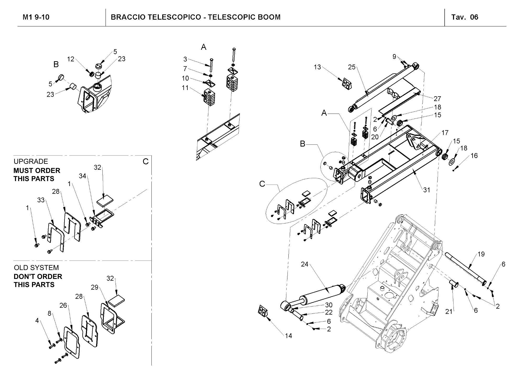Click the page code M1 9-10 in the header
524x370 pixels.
point(36,17)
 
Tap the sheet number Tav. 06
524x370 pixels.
point(465,17)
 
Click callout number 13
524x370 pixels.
point(317,67)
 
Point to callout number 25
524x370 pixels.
point(352,67)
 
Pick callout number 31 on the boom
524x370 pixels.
point(427,190)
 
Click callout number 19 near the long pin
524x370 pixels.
point(481,254)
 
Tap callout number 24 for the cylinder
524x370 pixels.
point(304,264)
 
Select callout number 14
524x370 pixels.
point(288,336)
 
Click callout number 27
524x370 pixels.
point(437,99)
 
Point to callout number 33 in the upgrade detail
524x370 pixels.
point(41,200)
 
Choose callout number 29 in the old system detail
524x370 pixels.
point(95,287)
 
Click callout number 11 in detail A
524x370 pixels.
point(185,88)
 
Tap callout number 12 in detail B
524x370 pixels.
point(70,59)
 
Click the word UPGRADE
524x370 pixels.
point(31,161)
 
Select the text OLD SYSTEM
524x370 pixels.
point(36,268)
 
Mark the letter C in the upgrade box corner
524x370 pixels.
point(146,161)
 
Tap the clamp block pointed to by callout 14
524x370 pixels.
point(263,311)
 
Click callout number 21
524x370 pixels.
point(449,311)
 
